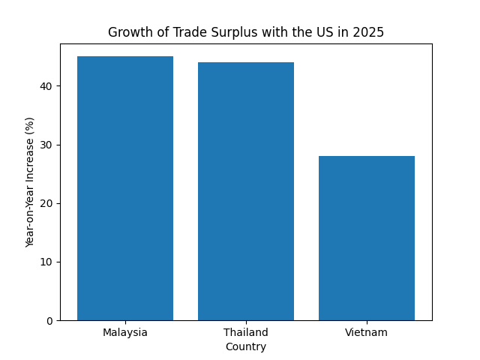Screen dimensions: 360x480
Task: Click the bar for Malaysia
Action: pyautogui.click(x=125, y=188)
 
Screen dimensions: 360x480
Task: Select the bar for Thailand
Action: pyautogui.click(x=246, y=191)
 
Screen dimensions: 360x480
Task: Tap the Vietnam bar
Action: pyautogui.click(x=367, y=238)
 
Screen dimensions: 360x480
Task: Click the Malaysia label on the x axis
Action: pyautogui.click(x=125, y=332)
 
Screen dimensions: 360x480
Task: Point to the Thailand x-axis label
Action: pyautogui.click(x=246, y=332)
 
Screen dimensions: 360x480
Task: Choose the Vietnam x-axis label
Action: pyautogui.click(x=367, y=332)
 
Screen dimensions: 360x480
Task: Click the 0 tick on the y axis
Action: pyautogui.click(x=49, y=321)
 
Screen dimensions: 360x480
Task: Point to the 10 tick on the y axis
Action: pyautogui.click(x=46, y=262)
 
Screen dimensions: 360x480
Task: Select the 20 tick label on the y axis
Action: pyautogui.click(x=46, y=203)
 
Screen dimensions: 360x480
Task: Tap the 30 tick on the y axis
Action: pyautogui.click(x=46, y=145)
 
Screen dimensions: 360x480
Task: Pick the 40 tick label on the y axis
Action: pyautogui.click(x=46, y=86)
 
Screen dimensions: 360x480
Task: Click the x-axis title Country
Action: pyautogui.click(x=246, y=346)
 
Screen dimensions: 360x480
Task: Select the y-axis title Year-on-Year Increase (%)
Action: pyautogui.click(x=31, y=182)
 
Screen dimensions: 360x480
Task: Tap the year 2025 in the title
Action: pyautogui.click(x=370, y=32)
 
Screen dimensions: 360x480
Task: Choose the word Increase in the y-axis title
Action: pyautogui.click(x=31, y=160)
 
